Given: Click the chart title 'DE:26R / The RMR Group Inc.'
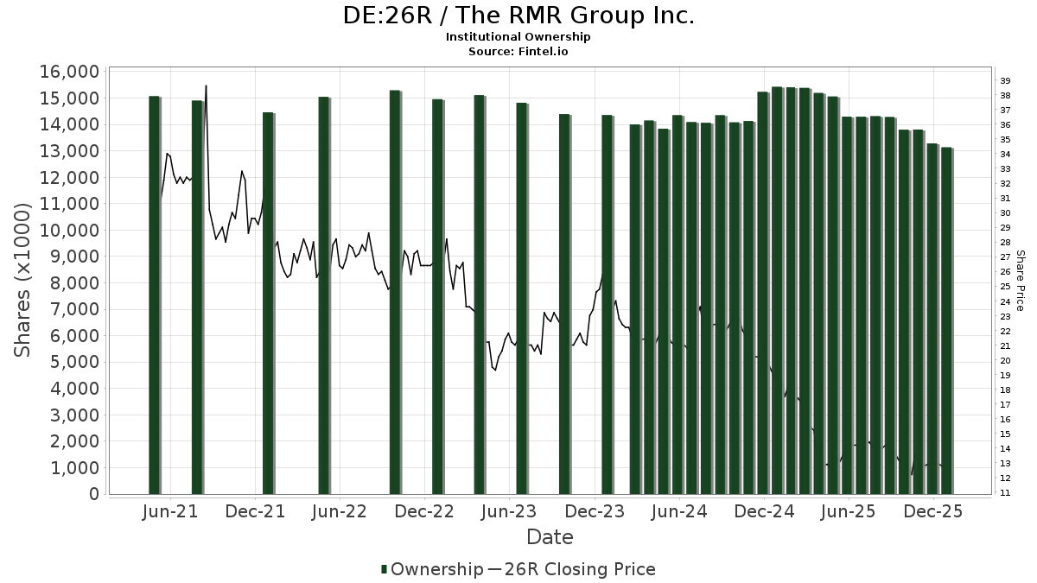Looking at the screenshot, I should pos(518,16).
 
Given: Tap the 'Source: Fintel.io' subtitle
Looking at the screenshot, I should pos(518,51).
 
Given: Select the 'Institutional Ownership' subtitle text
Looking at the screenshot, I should pos(518,37).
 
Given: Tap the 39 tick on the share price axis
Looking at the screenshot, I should pos(1005,80).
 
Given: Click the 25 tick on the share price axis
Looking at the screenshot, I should pos(1005,287).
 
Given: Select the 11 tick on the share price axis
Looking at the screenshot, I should pos(1005,493).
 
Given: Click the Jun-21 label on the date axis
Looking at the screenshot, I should pos(169,511).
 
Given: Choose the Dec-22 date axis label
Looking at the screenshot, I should pos(424,511).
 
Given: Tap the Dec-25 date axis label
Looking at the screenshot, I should pos(933,511).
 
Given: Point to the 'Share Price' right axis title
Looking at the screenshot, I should pos(1021,281).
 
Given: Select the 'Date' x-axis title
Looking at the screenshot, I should pos(550,537).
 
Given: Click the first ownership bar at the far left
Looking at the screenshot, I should pos(154,294).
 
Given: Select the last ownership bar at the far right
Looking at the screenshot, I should pos(946,320).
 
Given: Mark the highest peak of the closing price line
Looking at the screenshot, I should pos(206,86).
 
